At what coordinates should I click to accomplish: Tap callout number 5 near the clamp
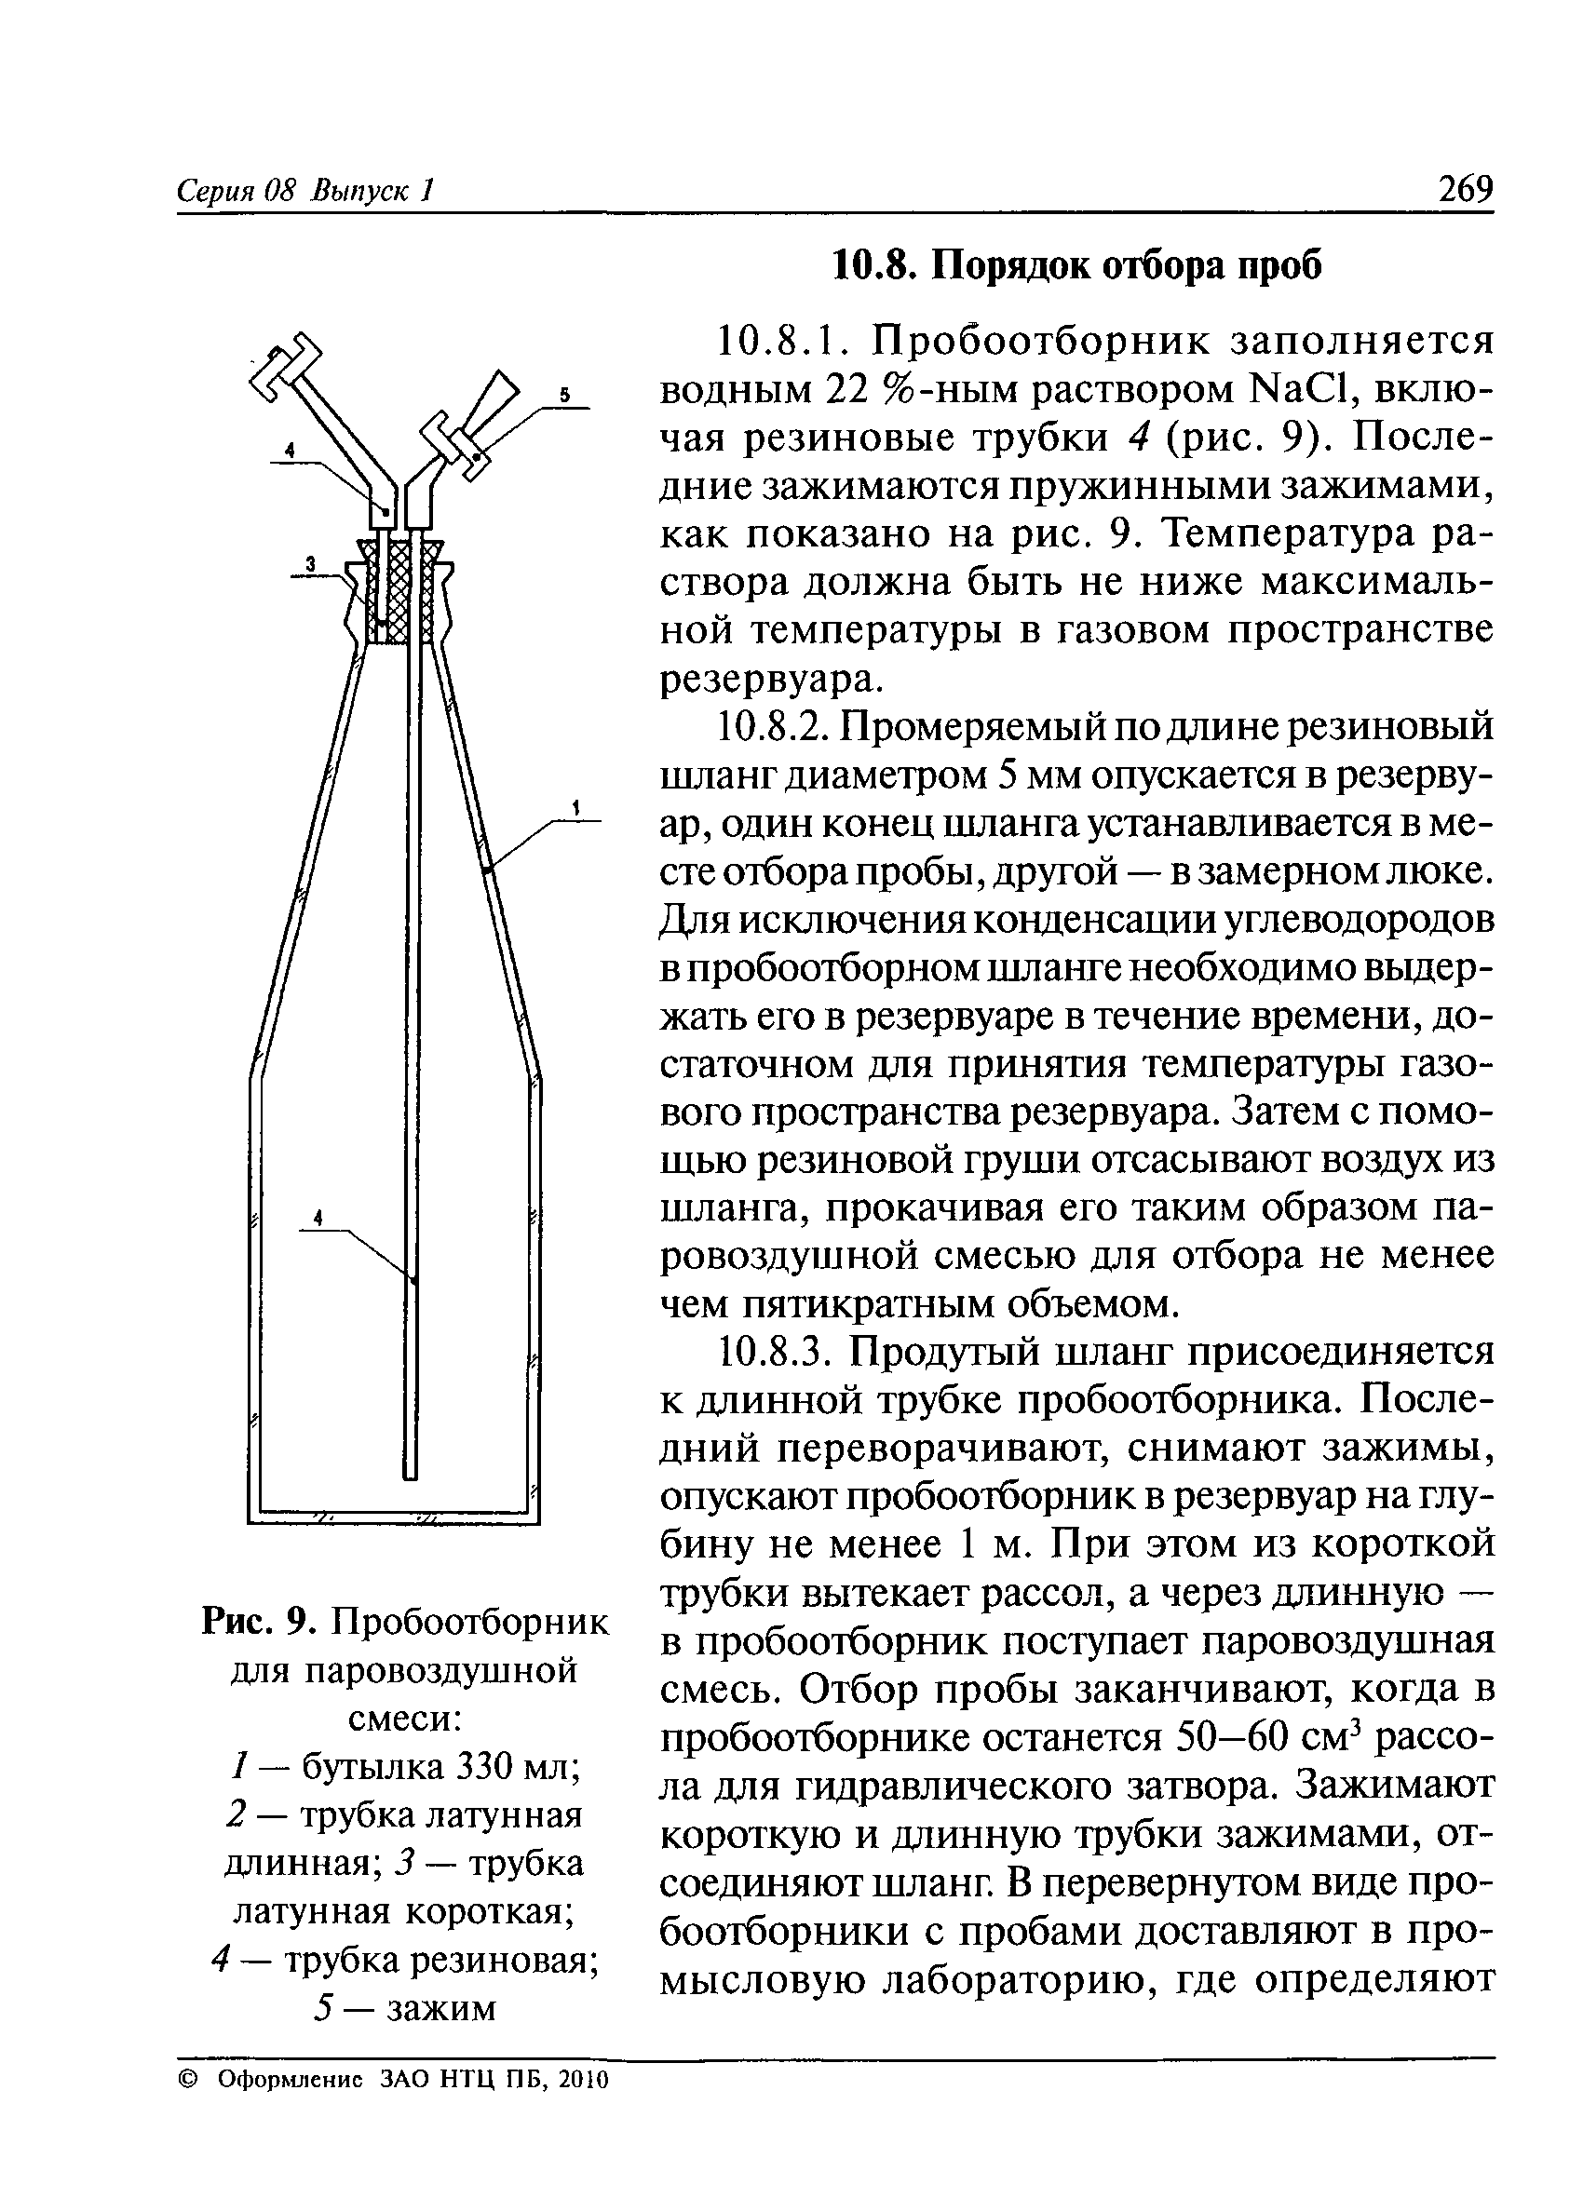coord(567,395)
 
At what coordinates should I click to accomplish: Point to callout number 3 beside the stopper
coord(311,563)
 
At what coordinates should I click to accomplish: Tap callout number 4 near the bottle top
coord(290,451)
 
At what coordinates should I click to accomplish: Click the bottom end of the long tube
coord(410,1472)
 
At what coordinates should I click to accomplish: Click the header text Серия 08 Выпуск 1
coord(304,190)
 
